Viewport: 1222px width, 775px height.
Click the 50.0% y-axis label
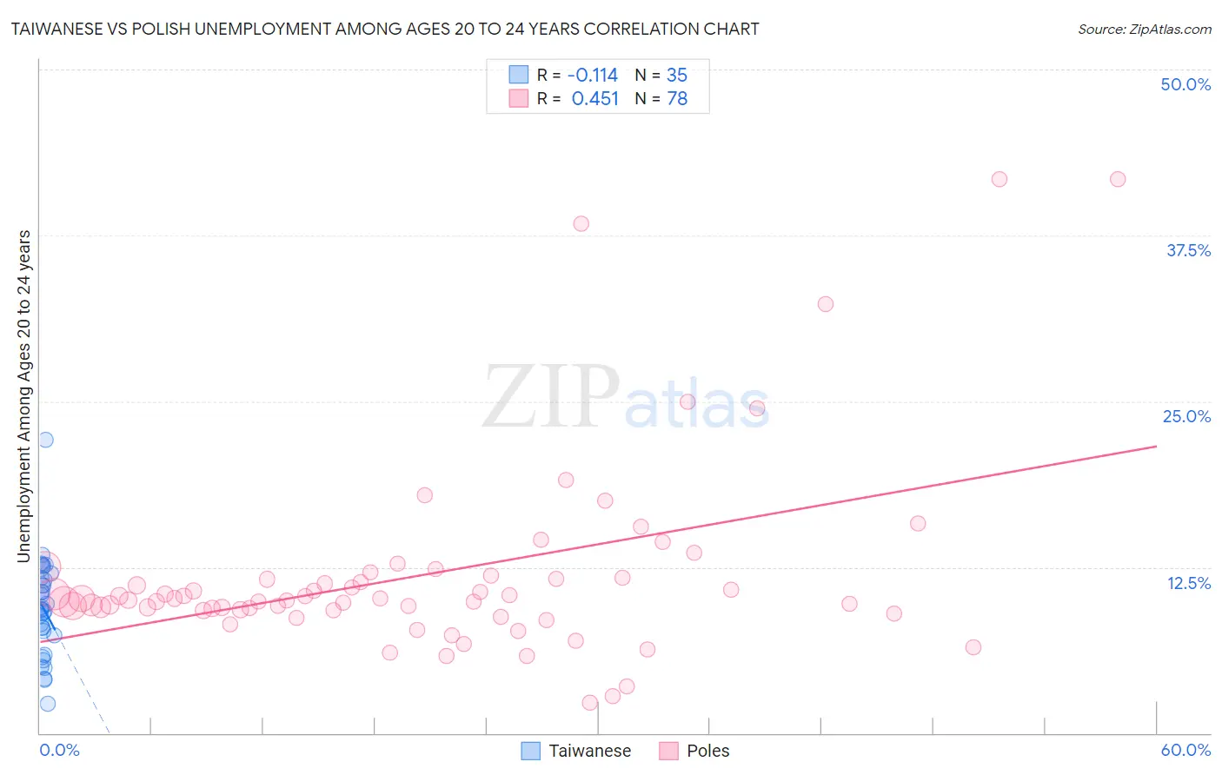[x=1185, y=84]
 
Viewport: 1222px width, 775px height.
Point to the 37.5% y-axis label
[x=1188, y=250]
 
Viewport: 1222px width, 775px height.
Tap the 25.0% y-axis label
[x=1186, y=416]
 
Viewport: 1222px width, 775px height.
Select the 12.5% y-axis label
[x=1188, y=583]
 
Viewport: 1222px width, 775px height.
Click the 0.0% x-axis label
[x=59, y=750]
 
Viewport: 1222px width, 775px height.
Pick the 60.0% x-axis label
[x=1185, y=750]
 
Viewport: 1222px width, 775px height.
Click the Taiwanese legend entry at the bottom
[x=589, y=751]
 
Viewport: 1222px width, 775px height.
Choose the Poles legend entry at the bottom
[x=707, y=751]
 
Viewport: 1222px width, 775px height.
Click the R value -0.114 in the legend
[x=592, y=76]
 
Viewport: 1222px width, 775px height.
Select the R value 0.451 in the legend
[x=594, y=99]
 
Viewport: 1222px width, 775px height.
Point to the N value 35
[x=676, y=76]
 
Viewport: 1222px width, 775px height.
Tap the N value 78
[x=676, y=99]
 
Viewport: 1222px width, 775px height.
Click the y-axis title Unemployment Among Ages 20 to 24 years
[x=24, y=396]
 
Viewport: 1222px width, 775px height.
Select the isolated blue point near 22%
[x=45, y=440]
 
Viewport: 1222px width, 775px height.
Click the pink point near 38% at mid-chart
[x=581, y=224]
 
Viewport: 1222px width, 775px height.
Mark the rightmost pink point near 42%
[x=1118, y=180]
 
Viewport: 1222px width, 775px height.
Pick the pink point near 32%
[x=826, y=304]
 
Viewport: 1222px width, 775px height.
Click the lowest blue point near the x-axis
[x=48, y=704]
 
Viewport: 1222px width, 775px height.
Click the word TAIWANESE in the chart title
[x=62, y=30]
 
